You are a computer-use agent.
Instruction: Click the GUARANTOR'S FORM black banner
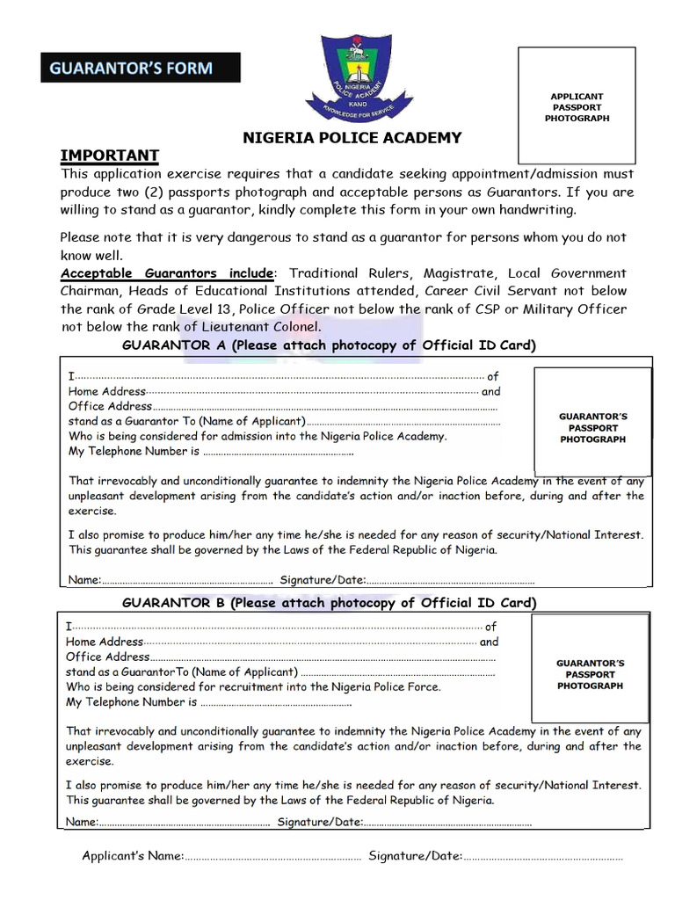tap(140, 68)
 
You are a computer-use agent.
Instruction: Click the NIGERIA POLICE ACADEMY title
tap(352, 137)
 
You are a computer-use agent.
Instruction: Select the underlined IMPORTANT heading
tap(109, 156)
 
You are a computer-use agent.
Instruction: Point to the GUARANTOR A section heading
tap(328, 345)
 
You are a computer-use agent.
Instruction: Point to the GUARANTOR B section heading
tap(328, 603)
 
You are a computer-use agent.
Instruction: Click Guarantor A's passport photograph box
tap(592, 427)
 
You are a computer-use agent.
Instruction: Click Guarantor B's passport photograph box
tap(590, 674)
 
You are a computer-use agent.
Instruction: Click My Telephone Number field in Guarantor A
tap(278, 452)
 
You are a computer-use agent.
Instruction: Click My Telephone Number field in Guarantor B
tap(276, 702)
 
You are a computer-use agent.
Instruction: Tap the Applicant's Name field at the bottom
tap(272, 856)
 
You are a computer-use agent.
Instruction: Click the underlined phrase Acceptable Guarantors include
tap(167, 273)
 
